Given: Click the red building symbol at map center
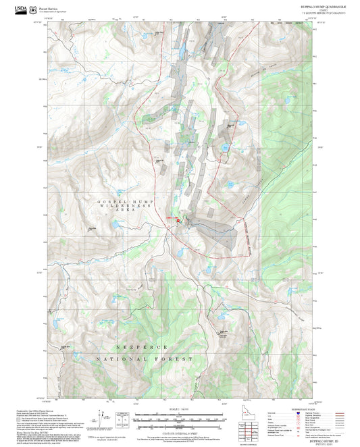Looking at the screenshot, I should [x=178, y=221].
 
